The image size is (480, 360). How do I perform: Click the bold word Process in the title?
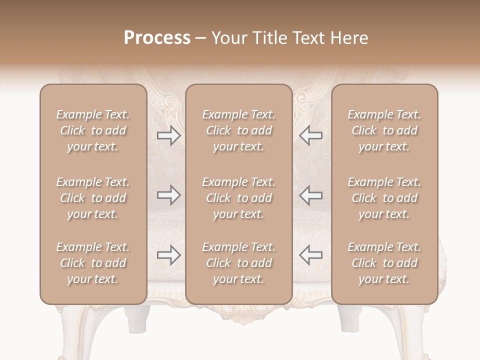tap(157, 38)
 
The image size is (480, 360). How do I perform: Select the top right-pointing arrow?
tap(168, 135)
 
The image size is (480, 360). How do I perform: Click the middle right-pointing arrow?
tap(168, 195)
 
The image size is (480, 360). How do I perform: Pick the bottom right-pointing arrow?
tap(168, 255)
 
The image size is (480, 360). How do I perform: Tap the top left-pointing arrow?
tap(311, 135)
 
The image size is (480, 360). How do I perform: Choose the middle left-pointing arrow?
tap(311, 195)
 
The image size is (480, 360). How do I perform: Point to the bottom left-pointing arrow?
tap(311, 255)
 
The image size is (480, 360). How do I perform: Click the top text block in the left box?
tap(93, 130)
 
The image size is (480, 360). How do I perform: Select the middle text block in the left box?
tap(93, 198)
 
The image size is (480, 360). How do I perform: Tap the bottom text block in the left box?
tap(93, 263)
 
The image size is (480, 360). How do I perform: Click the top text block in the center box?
tap(238, 130)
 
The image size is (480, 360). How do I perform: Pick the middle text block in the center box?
tap(238, 198)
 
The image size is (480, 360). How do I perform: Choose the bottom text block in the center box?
tap(238, 263)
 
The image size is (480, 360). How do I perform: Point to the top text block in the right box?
tap(384, 130)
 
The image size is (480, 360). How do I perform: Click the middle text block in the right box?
tap(384, 198)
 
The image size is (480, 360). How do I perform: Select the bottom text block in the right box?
tap(384, 263)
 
